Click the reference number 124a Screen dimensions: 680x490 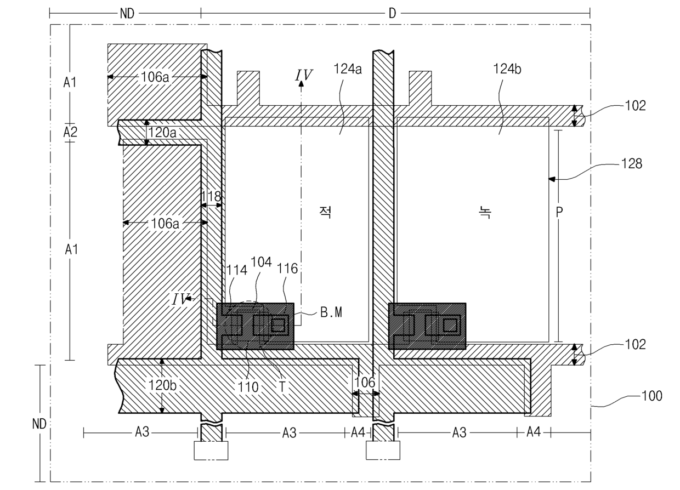pyautogui.click(x=348, y=69)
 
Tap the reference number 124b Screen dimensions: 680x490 pyautogui.click(x=507, y=69)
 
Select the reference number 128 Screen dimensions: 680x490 pyautogui.click(x=632, y=163)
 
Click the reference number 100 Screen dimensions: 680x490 pyautogui.click(x=651, y=396)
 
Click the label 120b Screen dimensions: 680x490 pyautogui.click(x=162, y=385)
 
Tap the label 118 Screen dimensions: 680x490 pyautogui.click(x=211, y=196)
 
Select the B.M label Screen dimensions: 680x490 pyautogui.click(x=331, y=312)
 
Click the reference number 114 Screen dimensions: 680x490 pyautogui.click(x=237, y=270)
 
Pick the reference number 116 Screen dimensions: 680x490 pyautogui.click(x=287, y=269)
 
